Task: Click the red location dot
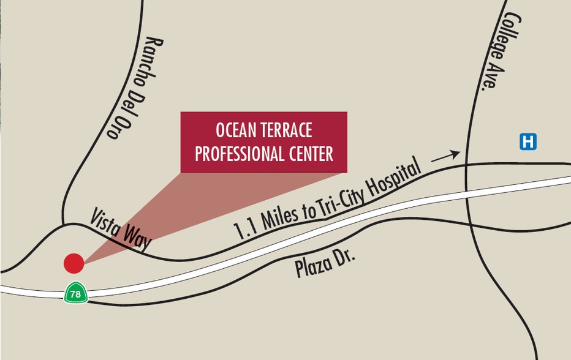tap(74, 263)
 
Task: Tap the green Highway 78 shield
tap(75, 294)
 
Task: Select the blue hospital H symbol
tap(528, 142)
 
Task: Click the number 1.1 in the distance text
tap(244, 229)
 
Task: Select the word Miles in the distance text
tap(279, 216)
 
